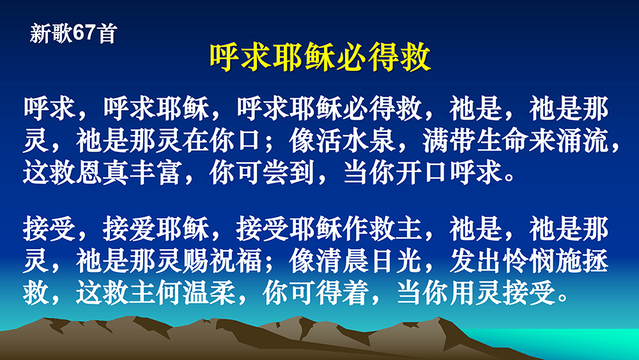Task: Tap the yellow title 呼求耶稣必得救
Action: coord(320,57)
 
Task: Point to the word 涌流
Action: coord(582,141)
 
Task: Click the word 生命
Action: coord(502,141)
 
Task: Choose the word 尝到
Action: coord(289,173)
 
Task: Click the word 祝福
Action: coord(236,260)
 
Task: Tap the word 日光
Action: coord(396,260)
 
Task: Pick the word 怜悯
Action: coord(529,260)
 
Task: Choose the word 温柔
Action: coord(209,292)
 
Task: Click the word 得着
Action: coord(343,292)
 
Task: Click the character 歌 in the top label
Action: coord(63,33)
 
